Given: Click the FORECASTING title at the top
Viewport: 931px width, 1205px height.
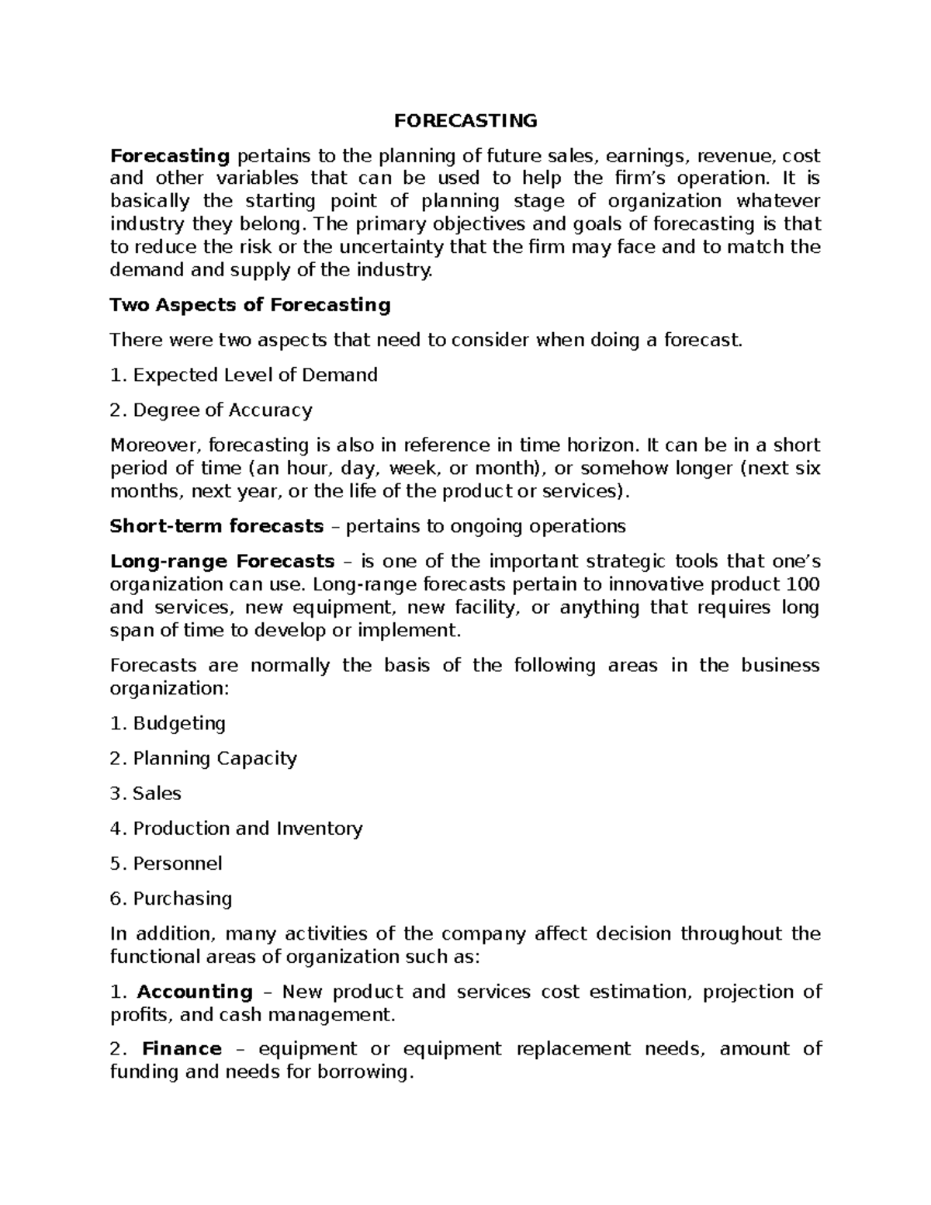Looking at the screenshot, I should (x=465, y=121).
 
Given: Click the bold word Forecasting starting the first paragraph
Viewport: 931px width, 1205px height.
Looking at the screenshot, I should (x=170, y=156).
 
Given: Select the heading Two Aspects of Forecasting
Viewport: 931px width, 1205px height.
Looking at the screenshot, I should (x=250, y=305).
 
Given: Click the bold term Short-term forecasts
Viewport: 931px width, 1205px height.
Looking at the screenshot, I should (x=216, y=526).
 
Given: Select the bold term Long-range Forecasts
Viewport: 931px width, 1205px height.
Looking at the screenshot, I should (x=222, y=561).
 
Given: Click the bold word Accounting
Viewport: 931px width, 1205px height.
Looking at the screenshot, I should (x=195, y=992).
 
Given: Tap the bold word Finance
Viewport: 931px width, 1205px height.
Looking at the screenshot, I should (x=182, y=1049).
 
